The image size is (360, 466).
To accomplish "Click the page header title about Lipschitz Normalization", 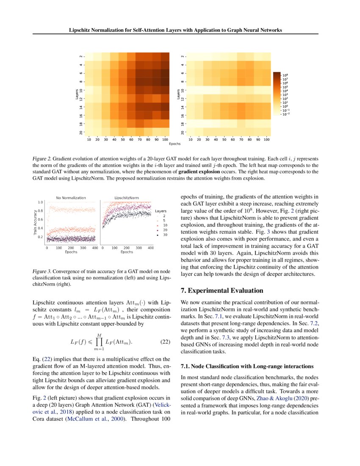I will click(176, 30).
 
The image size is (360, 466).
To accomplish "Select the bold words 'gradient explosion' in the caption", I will click(198, 172).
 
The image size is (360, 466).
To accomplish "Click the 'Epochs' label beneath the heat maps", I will click(175, 144).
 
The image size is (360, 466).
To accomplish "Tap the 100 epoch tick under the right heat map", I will click(266, 139).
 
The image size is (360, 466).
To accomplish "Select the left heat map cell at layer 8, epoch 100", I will click(165, 81).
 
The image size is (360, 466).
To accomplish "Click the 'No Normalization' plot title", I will click(71, 198).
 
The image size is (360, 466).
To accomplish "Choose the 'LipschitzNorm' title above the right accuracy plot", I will click(126, 198).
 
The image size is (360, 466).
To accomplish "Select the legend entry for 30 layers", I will click(163, 234).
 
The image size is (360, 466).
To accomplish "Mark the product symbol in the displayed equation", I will click(100, 341).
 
